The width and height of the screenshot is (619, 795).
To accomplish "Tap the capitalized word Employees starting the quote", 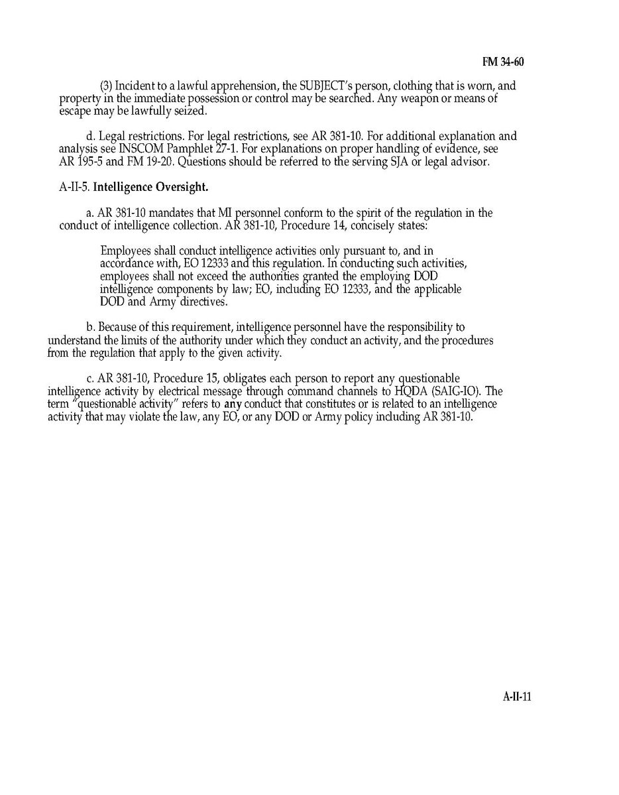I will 125,251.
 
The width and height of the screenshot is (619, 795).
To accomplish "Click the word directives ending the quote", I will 203,301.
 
